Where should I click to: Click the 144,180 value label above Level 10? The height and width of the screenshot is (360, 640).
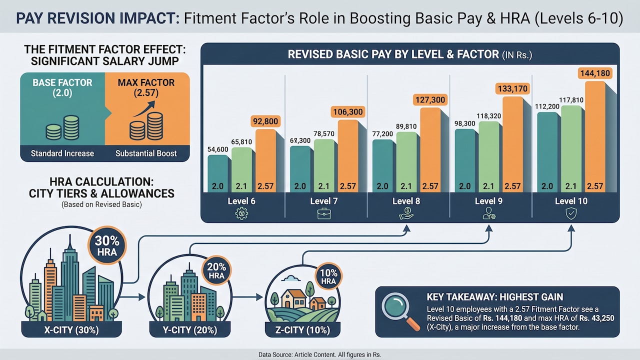[595, 73]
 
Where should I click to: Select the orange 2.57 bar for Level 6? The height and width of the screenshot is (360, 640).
[265, 160]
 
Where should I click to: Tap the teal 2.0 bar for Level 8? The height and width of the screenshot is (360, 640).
[382, 165]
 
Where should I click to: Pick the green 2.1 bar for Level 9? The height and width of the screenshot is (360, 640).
[489, 157]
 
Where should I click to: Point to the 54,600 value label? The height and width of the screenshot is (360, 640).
[217, 149]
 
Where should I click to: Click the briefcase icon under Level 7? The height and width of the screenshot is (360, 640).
[324, 213]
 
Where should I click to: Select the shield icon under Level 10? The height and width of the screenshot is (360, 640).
[571, 213]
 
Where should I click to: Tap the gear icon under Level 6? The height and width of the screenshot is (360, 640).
[241, 213]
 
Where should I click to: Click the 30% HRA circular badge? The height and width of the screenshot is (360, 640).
[107, 245]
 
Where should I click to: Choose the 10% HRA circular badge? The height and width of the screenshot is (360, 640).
[328, 276]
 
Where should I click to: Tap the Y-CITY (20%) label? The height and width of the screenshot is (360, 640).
[190, 330]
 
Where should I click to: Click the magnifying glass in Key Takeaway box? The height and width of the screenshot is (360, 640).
[400, 311]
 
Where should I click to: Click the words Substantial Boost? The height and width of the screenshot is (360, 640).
[146, 153]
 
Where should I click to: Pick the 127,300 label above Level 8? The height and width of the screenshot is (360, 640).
[430, 100]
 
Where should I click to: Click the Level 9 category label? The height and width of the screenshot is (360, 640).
[488, 201]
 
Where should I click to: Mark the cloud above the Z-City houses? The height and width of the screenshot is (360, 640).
[290, 278]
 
